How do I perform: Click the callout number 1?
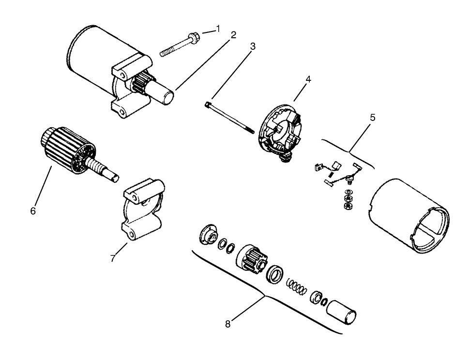tap(218, 29)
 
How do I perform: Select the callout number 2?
tap(233, 35)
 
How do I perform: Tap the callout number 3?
tap(253, 46)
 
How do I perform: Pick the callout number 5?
tap(372, 118)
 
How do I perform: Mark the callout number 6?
tap(33, 211)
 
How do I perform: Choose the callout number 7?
tap(113, 258)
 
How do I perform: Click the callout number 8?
tap(228, 324)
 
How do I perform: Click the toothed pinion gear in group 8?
tap(250, 260)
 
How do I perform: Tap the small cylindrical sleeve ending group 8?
tap(342, 313)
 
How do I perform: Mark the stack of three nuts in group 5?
tap(348, 200)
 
